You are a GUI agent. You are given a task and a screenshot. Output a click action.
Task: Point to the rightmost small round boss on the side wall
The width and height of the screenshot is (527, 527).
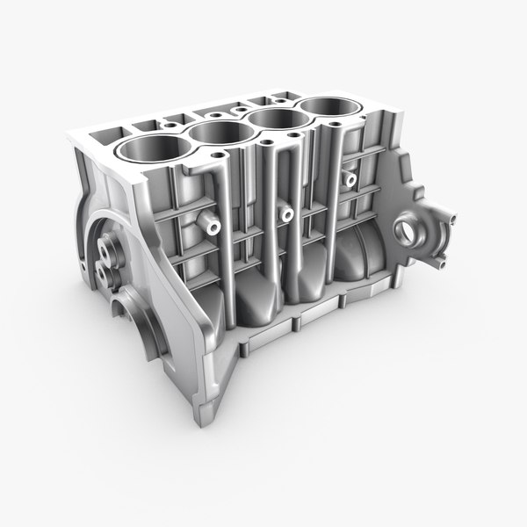[350, 179]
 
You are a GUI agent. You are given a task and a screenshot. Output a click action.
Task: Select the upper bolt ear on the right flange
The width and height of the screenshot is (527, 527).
[450, 216]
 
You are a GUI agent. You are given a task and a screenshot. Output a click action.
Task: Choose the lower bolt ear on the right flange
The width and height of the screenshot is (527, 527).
[441, 261]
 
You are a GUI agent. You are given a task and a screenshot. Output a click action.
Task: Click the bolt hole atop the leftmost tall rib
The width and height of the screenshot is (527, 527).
[216, 159]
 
